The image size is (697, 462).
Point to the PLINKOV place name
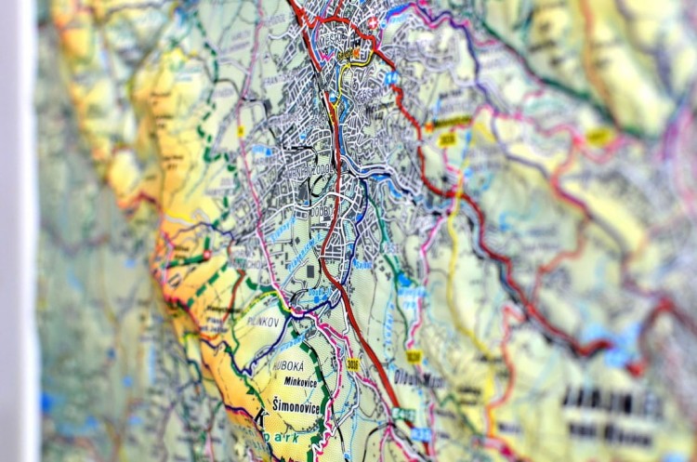(265, 321)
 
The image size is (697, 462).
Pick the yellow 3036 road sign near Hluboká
(353, 364)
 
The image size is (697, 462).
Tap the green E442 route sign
(403, 415)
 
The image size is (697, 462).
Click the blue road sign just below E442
(421, 434)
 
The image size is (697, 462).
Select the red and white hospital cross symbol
(373, 21)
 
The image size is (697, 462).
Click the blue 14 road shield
(393, 78)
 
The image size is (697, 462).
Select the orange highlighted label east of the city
(454, 122)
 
